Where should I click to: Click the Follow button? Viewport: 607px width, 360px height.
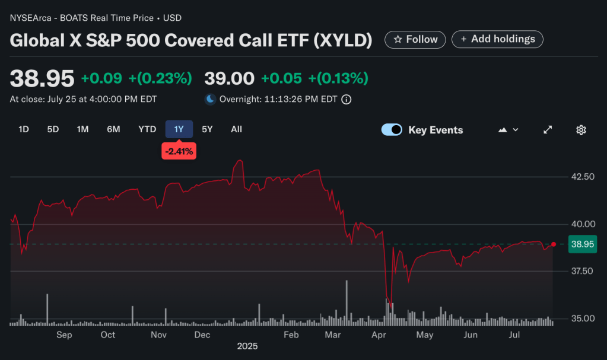click(x=415, y=39)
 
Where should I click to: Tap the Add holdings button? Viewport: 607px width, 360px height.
click(x=497, y=39)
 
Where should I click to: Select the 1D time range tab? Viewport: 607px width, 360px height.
click(x=24, y=129)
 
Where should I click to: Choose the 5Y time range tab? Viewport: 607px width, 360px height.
click(x=206, y=129)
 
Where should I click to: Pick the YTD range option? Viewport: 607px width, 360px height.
click(x=147, y=129)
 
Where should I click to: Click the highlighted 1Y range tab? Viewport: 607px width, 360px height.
click(x=179, y=129)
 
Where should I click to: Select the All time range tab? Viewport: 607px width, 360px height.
click(x=236, y=129)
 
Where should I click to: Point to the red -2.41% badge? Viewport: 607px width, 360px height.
click(x=179, y=151)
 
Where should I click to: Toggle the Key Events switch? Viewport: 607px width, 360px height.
click(x=392, y=130)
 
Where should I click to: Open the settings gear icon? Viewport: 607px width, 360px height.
click(x=581, y=130)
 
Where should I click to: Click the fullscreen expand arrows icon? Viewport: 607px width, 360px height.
click(x=548, y=130)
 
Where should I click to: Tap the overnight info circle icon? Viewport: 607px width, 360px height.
click(x=347, y=100)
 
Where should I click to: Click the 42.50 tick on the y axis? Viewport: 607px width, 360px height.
click(x=581, y=177)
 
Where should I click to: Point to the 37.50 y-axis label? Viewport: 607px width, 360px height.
click(x=581, y=271)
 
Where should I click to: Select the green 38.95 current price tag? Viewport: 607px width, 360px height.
click(x=581, y=244)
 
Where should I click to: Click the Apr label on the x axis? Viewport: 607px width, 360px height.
click(x=378, y=335)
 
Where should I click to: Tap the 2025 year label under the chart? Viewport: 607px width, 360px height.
click(x=247, y=346)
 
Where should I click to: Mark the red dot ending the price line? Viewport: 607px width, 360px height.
click(x=554, y=244)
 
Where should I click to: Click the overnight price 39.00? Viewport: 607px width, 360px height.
click(x=229, y=78)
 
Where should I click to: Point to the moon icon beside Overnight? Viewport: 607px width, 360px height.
click(x=210, y=99)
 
